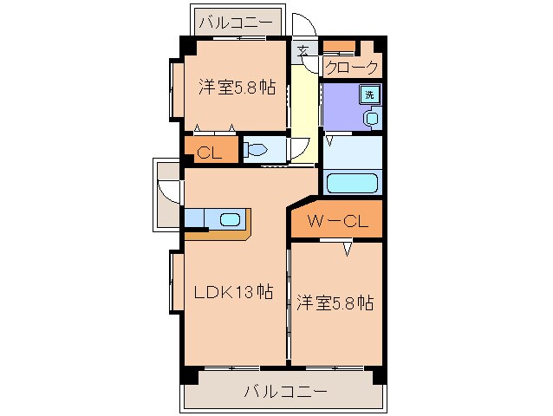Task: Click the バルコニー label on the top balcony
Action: pos(236,21)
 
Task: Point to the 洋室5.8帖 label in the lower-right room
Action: pos(335,303)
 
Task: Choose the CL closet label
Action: pos(207,153)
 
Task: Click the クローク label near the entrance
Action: pos(352,67)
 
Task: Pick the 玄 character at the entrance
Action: pos(303,50)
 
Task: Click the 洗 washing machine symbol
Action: pos(370,94)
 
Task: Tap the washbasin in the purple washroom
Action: pos(372,118)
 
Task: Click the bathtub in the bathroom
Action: pos(350,184)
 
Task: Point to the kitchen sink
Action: pos(229,219)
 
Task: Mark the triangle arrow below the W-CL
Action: pos(347,250)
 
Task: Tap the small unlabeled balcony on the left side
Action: pos(167,194)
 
